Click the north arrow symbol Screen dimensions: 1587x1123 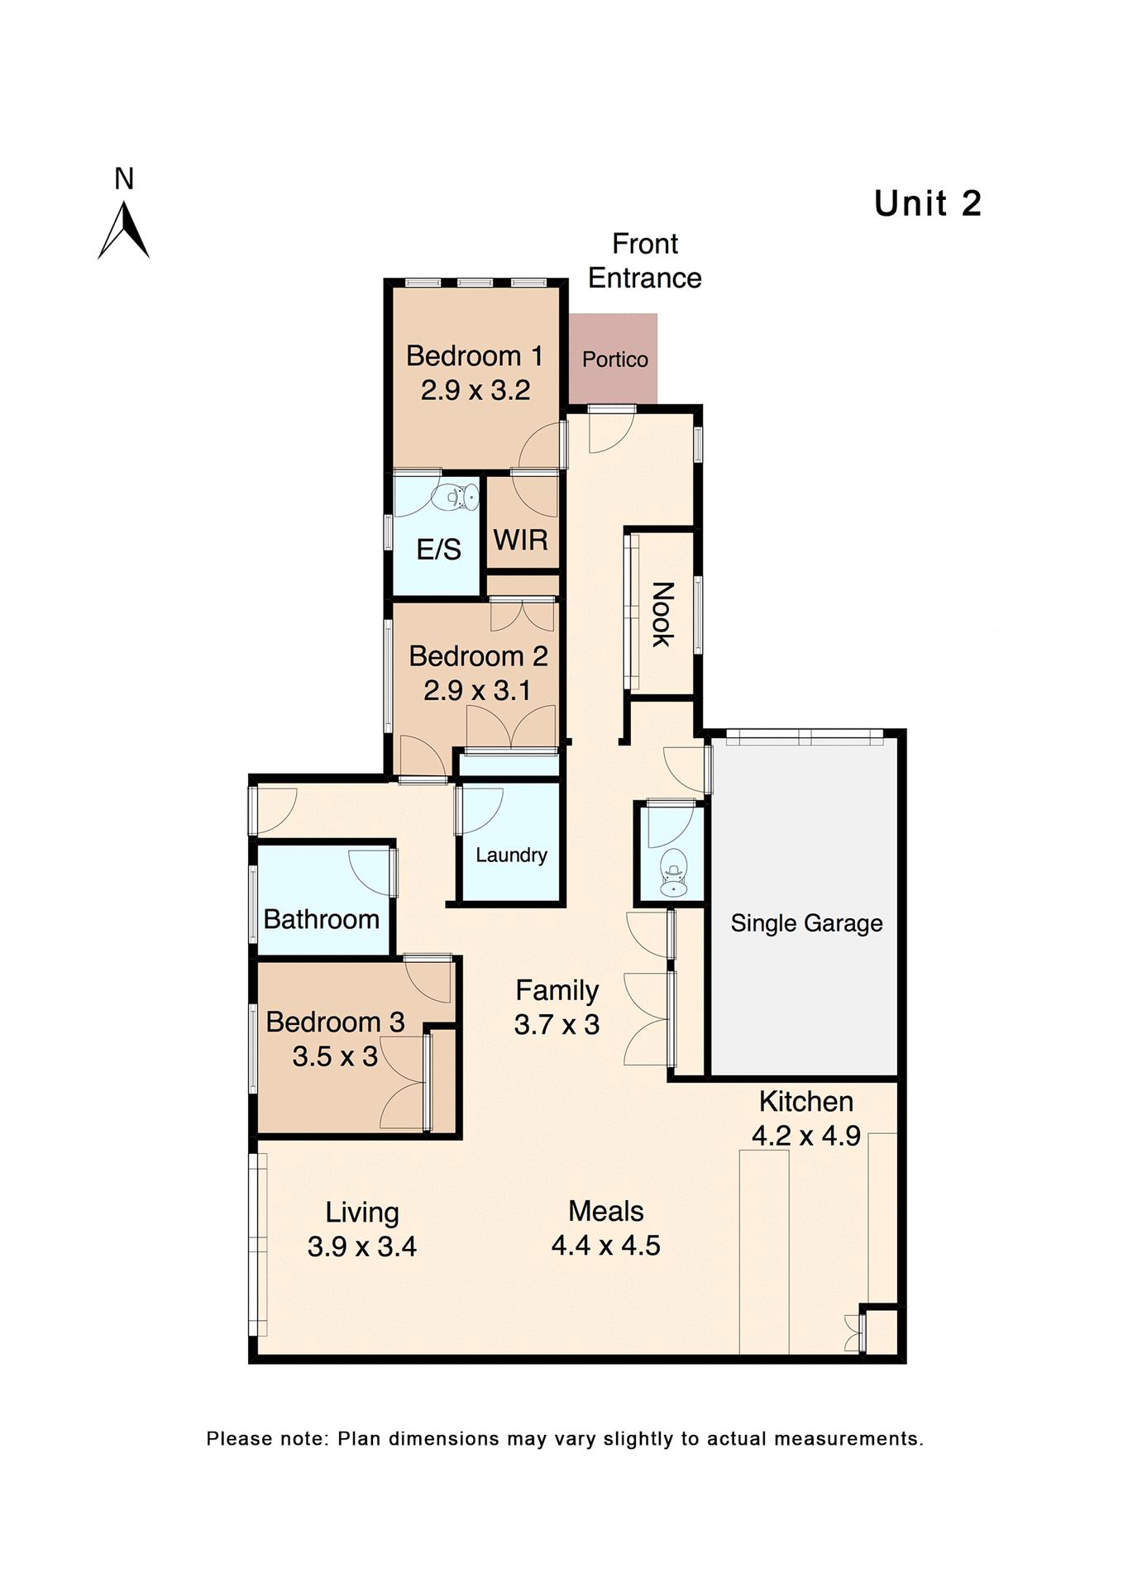pyautogui.click(x=124, y=231)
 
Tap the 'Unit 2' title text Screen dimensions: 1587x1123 pyautogui.click(x=927, y=203)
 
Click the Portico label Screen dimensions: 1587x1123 pyautogui.click(x=614, y=360)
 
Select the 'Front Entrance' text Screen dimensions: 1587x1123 pyautogui.click(x=644, y=261)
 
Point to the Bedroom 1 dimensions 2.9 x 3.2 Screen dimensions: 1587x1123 pyautogui.click(x=475, y=390)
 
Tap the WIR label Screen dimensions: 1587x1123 pyautogui.click(x=521, y=540)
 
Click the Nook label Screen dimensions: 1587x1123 pyautogui.click(x=662, y=614)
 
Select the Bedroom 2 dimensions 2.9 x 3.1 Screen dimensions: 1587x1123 pyautogui.click(x=477, y=690)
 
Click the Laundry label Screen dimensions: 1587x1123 pyautogui.click(x=511, y=855)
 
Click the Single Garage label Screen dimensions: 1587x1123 pyautogui.click(x=806, y=923)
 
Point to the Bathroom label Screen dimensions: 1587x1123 pyautogui.click(x=321, y=919)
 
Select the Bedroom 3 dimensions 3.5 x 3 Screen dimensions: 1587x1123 pyautogui.click(x=335, y=1056)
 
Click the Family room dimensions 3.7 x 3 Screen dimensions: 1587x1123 pyautogui.click(x=557, y=1025)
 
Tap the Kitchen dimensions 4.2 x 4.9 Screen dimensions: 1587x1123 pyautogui.click(x=806, y=1136)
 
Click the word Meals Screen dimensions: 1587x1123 pyautogui.click(x=606, y=1211)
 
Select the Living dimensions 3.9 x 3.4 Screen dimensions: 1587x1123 pyautogui.click(x=361, y=1246)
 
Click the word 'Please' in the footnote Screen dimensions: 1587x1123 pyautogui.click(x=239, y=1439)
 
